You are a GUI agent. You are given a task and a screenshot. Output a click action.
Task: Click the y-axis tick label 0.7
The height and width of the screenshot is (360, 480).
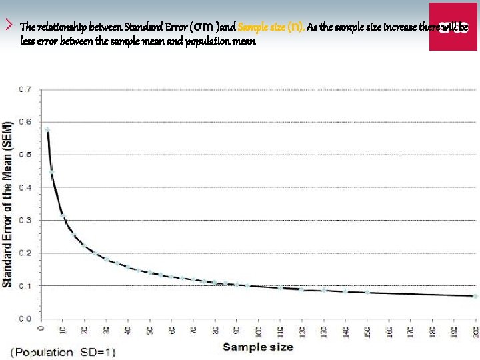tap(25, 89)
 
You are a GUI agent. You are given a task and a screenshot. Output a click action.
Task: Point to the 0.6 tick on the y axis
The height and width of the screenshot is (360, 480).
tap(25, 121)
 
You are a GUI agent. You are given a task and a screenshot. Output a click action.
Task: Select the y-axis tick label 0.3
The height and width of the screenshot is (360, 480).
tap(25, 220)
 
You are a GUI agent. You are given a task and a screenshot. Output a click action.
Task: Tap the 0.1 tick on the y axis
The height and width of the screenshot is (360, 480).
tap(25, 285)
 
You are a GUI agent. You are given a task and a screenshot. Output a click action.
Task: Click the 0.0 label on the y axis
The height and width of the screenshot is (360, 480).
tap(25, 319)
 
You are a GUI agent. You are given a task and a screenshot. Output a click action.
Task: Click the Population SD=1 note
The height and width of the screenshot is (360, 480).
tap(60, 351)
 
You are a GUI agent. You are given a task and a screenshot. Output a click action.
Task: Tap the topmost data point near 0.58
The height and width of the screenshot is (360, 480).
tap(47, 129)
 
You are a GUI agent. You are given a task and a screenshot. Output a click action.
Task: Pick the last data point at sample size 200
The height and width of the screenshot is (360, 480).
tap(475, 296)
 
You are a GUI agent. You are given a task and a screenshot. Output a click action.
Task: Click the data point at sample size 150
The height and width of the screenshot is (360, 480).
tap(367, 292)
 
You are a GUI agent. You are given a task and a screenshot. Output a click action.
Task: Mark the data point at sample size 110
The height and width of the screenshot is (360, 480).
tap(281, 287)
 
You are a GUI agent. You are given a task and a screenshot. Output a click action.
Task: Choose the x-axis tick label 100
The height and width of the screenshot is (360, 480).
tap(258, 330)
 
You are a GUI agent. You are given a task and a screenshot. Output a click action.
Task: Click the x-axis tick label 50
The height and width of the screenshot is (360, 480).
tap(150, 329)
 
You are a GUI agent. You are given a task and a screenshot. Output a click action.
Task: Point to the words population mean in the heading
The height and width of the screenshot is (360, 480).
tap(215, 41)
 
